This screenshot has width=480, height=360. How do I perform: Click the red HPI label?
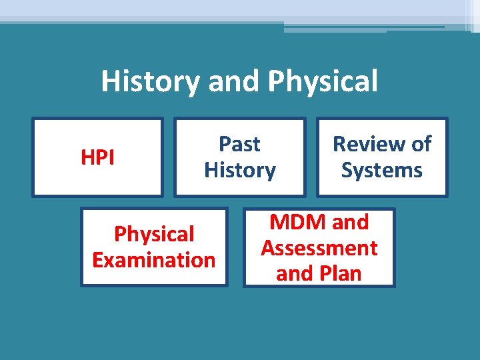(97, 157)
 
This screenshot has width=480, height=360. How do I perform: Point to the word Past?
(240, 144)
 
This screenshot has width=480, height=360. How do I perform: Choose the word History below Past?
(240, 170)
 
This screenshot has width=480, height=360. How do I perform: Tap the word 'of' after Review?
(420, 144)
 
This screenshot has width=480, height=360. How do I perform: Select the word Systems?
(382, 170)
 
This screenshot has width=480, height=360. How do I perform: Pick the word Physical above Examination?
(154, 234)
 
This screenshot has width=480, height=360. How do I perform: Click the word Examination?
(154, 260)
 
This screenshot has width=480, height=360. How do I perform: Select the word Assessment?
(319, 248)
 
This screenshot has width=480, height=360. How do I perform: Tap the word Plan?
(339, 274)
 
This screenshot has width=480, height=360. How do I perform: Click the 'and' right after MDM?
(350, 222)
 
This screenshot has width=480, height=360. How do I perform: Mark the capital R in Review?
(339, 144)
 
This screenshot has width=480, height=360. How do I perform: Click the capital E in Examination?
(98, 260)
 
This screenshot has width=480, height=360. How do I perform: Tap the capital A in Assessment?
(268, 248)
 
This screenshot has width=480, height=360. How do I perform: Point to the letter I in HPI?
(111, 157)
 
